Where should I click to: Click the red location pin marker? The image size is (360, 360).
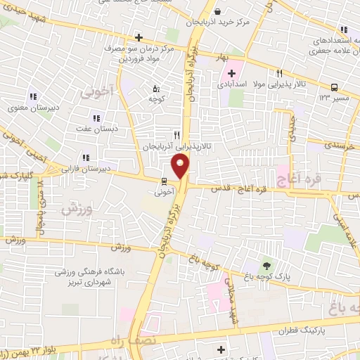tap(181, 166)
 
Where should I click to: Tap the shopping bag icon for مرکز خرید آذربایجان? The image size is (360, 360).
tap(217, 11)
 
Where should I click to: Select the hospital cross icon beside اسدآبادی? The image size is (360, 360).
tap(232, 74)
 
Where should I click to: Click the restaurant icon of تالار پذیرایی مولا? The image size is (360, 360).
tap(279, 73)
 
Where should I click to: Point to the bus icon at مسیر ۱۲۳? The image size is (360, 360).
tap(333, 88)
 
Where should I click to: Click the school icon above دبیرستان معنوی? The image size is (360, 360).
tap(32, 97)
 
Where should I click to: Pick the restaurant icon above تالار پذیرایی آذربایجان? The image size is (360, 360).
tap(177, 134)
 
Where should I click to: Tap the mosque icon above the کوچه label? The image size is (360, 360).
tap(156, 89)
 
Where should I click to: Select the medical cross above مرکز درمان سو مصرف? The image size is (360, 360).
tap(139, 37)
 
